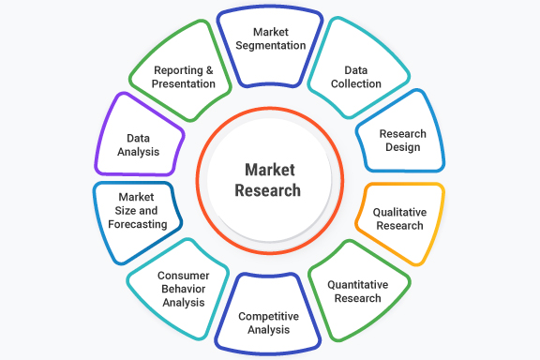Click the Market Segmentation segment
pos(269,41)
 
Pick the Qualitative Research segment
pos(398,218)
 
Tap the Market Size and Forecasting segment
pos(141,211)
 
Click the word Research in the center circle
pos(268,190)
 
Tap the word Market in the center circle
pos(269,170)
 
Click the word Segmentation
pos(269,46)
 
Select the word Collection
pos(356,83)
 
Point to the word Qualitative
pos(399,212)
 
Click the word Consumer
pos(183,276)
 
